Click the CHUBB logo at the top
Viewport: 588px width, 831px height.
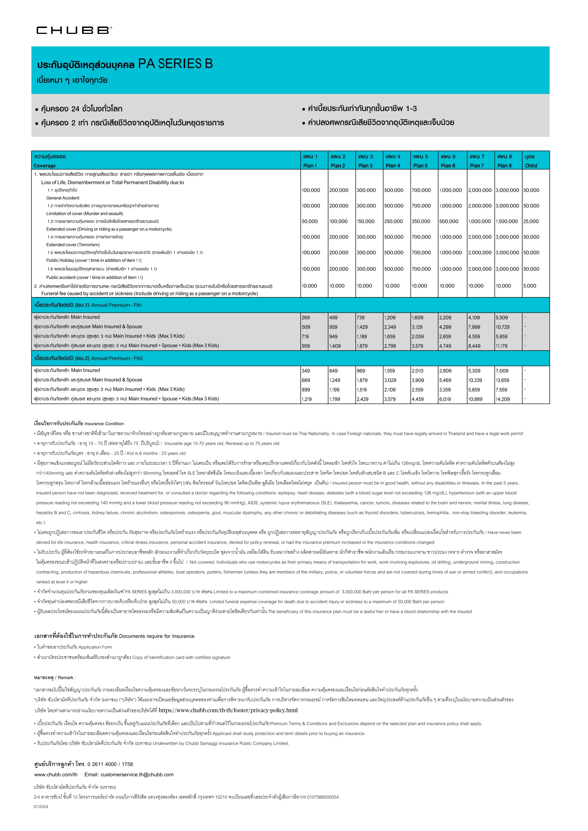pos(74,30)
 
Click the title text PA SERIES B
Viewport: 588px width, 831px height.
pos(175,64)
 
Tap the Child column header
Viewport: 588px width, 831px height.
pos(531,161)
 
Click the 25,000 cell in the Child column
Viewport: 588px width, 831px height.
pos(531,221)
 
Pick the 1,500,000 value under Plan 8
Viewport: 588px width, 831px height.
pos(507,221)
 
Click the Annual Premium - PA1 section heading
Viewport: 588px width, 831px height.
pos(117,305)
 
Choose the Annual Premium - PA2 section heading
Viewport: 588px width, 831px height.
pos(117,358)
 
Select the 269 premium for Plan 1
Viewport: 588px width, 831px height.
pos(306,318)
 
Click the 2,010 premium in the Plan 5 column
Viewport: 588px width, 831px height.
pos(418,371)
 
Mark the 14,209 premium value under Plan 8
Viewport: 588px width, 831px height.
pos(502,399)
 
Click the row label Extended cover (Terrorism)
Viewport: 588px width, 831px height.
pos(73,245)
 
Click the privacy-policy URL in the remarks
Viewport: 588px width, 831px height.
pos(228,710)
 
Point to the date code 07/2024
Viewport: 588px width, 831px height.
pos(41,807)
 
